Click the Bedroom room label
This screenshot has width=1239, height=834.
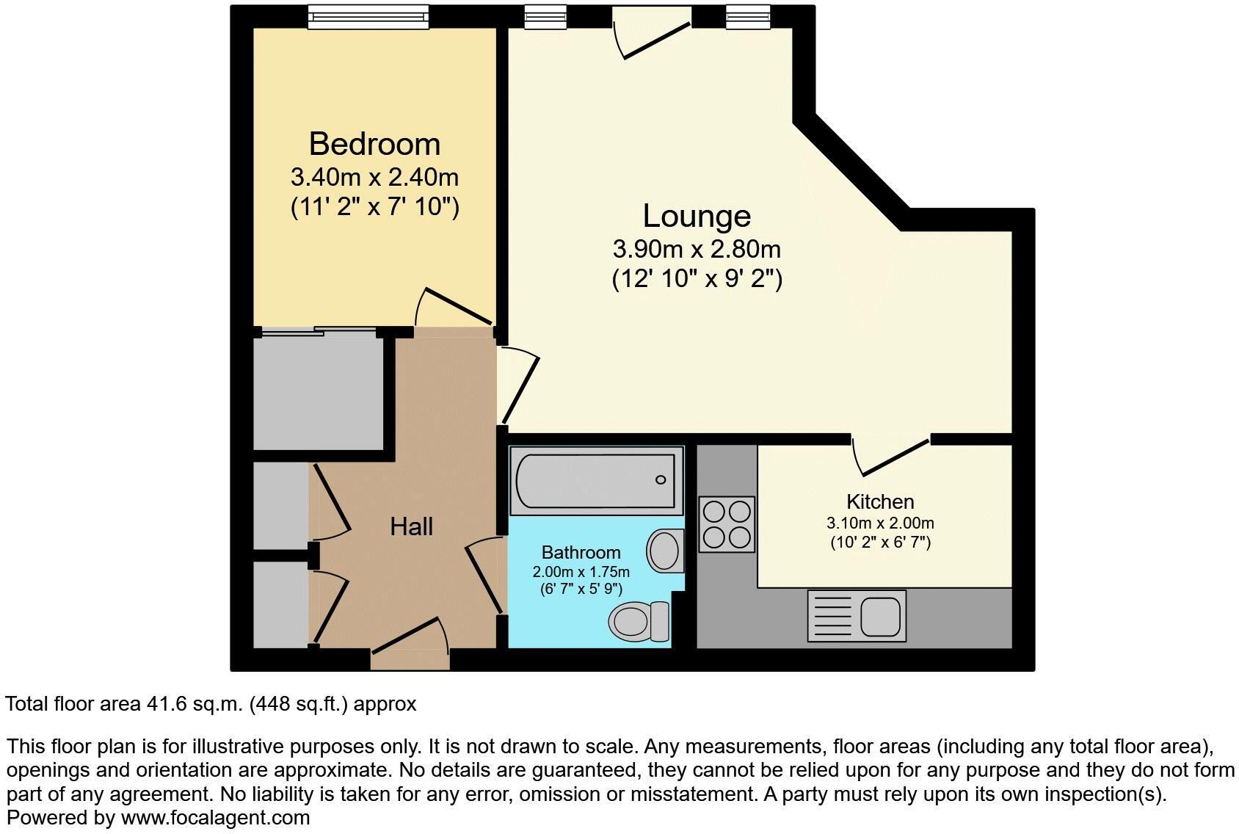(374, 144)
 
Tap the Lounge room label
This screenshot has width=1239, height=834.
(697, 216)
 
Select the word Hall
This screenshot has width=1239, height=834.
(411, 526)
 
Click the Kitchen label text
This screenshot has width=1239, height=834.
(880, 502)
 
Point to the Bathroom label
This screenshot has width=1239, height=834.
(581, 552)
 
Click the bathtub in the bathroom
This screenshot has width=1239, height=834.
(595, 481)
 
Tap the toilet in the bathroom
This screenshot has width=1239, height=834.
(639, 621)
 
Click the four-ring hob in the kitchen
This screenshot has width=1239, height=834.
(727, 524)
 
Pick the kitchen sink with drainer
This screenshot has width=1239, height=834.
(857, 615)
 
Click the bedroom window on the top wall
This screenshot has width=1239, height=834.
(368, 16)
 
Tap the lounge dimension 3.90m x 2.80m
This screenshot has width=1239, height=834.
(697, 250)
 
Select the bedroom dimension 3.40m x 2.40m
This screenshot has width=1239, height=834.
(374, 178)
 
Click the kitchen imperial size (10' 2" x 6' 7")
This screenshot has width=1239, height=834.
(880, 543)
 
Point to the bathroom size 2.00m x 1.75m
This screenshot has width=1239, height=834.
(581, 572)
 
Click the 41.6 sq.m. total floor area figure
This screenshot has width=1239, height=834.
(192, 704)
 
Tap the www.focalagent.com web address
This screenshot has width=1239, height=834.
(215, 817)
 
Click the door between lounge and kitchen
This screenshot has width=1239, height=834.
(892, 454)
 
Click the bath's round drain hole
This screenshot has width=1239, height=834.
(661, 480)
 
